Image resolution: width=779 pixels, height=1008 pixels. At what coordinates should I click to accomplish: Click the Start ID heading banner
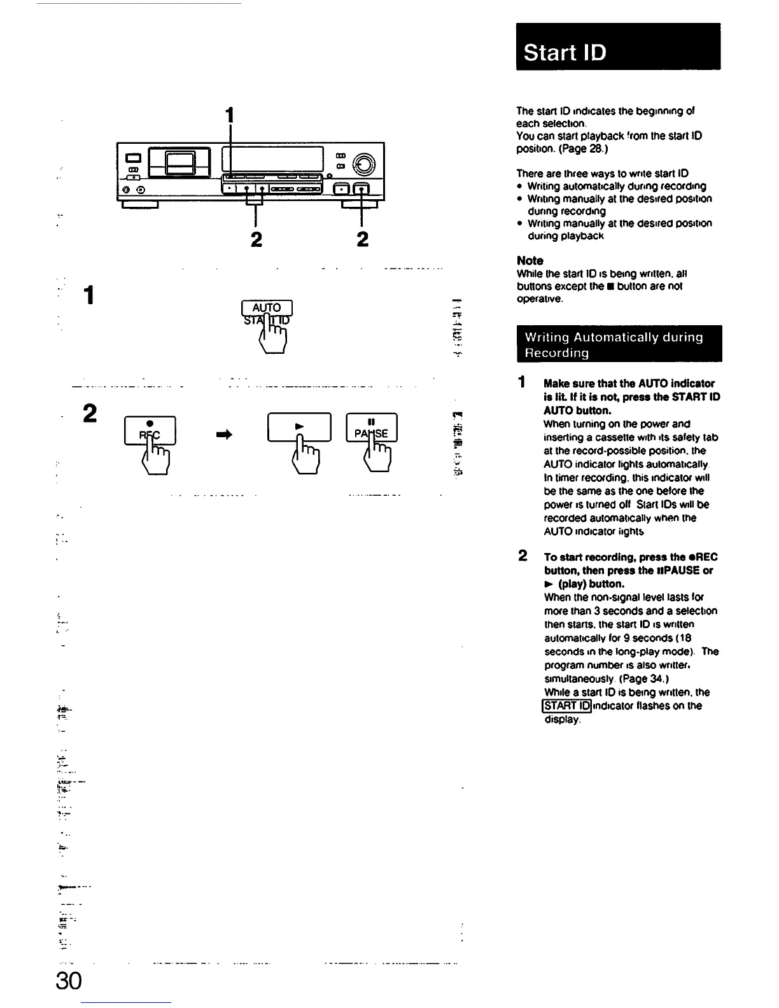(617, 47)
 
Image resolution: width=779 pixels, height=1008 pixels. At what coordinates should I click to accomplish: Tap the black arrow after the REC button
(225, 435)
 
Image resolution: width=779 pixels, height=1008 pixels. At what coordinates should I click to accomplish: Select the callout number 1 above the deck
(230, 115)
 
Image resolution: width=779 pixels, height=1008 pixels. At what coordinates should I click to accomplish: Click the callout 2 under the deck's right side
(362, 239)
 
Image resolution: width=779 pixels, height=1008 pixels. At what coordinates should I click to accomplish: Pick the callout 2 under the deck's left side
(256, 239)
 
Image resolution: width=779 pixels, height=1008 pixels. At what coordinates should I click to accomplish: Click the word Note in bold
(530, 260)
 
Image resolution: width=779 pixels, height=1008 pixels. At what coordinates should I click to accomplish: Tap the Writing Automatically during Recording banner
(619, 344)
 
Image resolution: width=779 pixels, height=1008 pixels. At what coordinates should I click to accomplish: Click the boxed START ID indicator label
(566, 706)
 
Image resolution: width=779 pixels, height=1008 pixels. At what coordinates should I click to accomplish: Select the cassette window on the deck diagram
(179, 162)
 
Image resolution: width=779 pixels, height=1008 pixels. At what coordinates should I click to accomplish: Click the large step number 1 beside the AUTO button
(90, 295)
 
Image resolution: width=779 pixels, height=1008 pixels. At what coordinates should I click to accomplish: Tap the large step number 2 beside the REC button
(90, 414)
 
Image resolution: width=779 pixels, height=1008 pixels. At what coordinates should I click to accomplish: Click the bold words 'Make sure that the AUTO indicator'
(629, 383)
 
